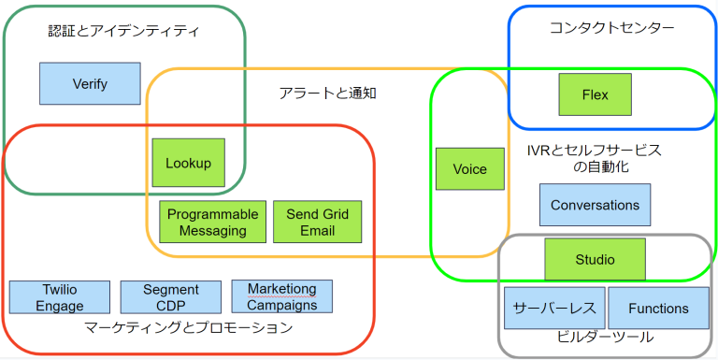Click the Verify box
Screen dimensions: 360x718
[x=90, y=83]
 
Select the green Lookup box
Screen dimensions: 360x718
[x=188, y=163]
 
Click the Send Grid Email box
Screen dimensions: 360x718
[x=317, y=223]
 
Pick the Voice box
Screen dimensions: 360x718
[x=469, y=169]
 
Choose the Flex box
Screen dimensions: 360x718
[x=595, y=94]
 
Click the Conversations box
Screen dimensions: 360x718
[x=595, y=205]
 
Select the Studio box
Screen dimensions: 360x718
[x=595, y=259]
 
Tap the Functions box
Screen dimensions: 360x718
[x=657, y=309]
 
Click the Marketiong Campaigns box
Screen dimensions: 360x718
[x=281, y=296]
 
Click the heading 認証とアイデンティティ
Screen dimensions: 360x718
[x=123, y=31]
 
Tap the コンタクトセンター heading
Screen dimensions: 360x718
[x=611, y=28]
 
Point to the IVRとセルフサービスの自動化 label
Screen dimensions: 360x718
[x=594, y=158]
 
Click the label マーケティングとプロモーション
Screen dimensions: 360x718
[x=188, y=327]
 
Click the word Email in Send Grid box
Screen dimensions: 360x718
[x=317, y=230]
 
